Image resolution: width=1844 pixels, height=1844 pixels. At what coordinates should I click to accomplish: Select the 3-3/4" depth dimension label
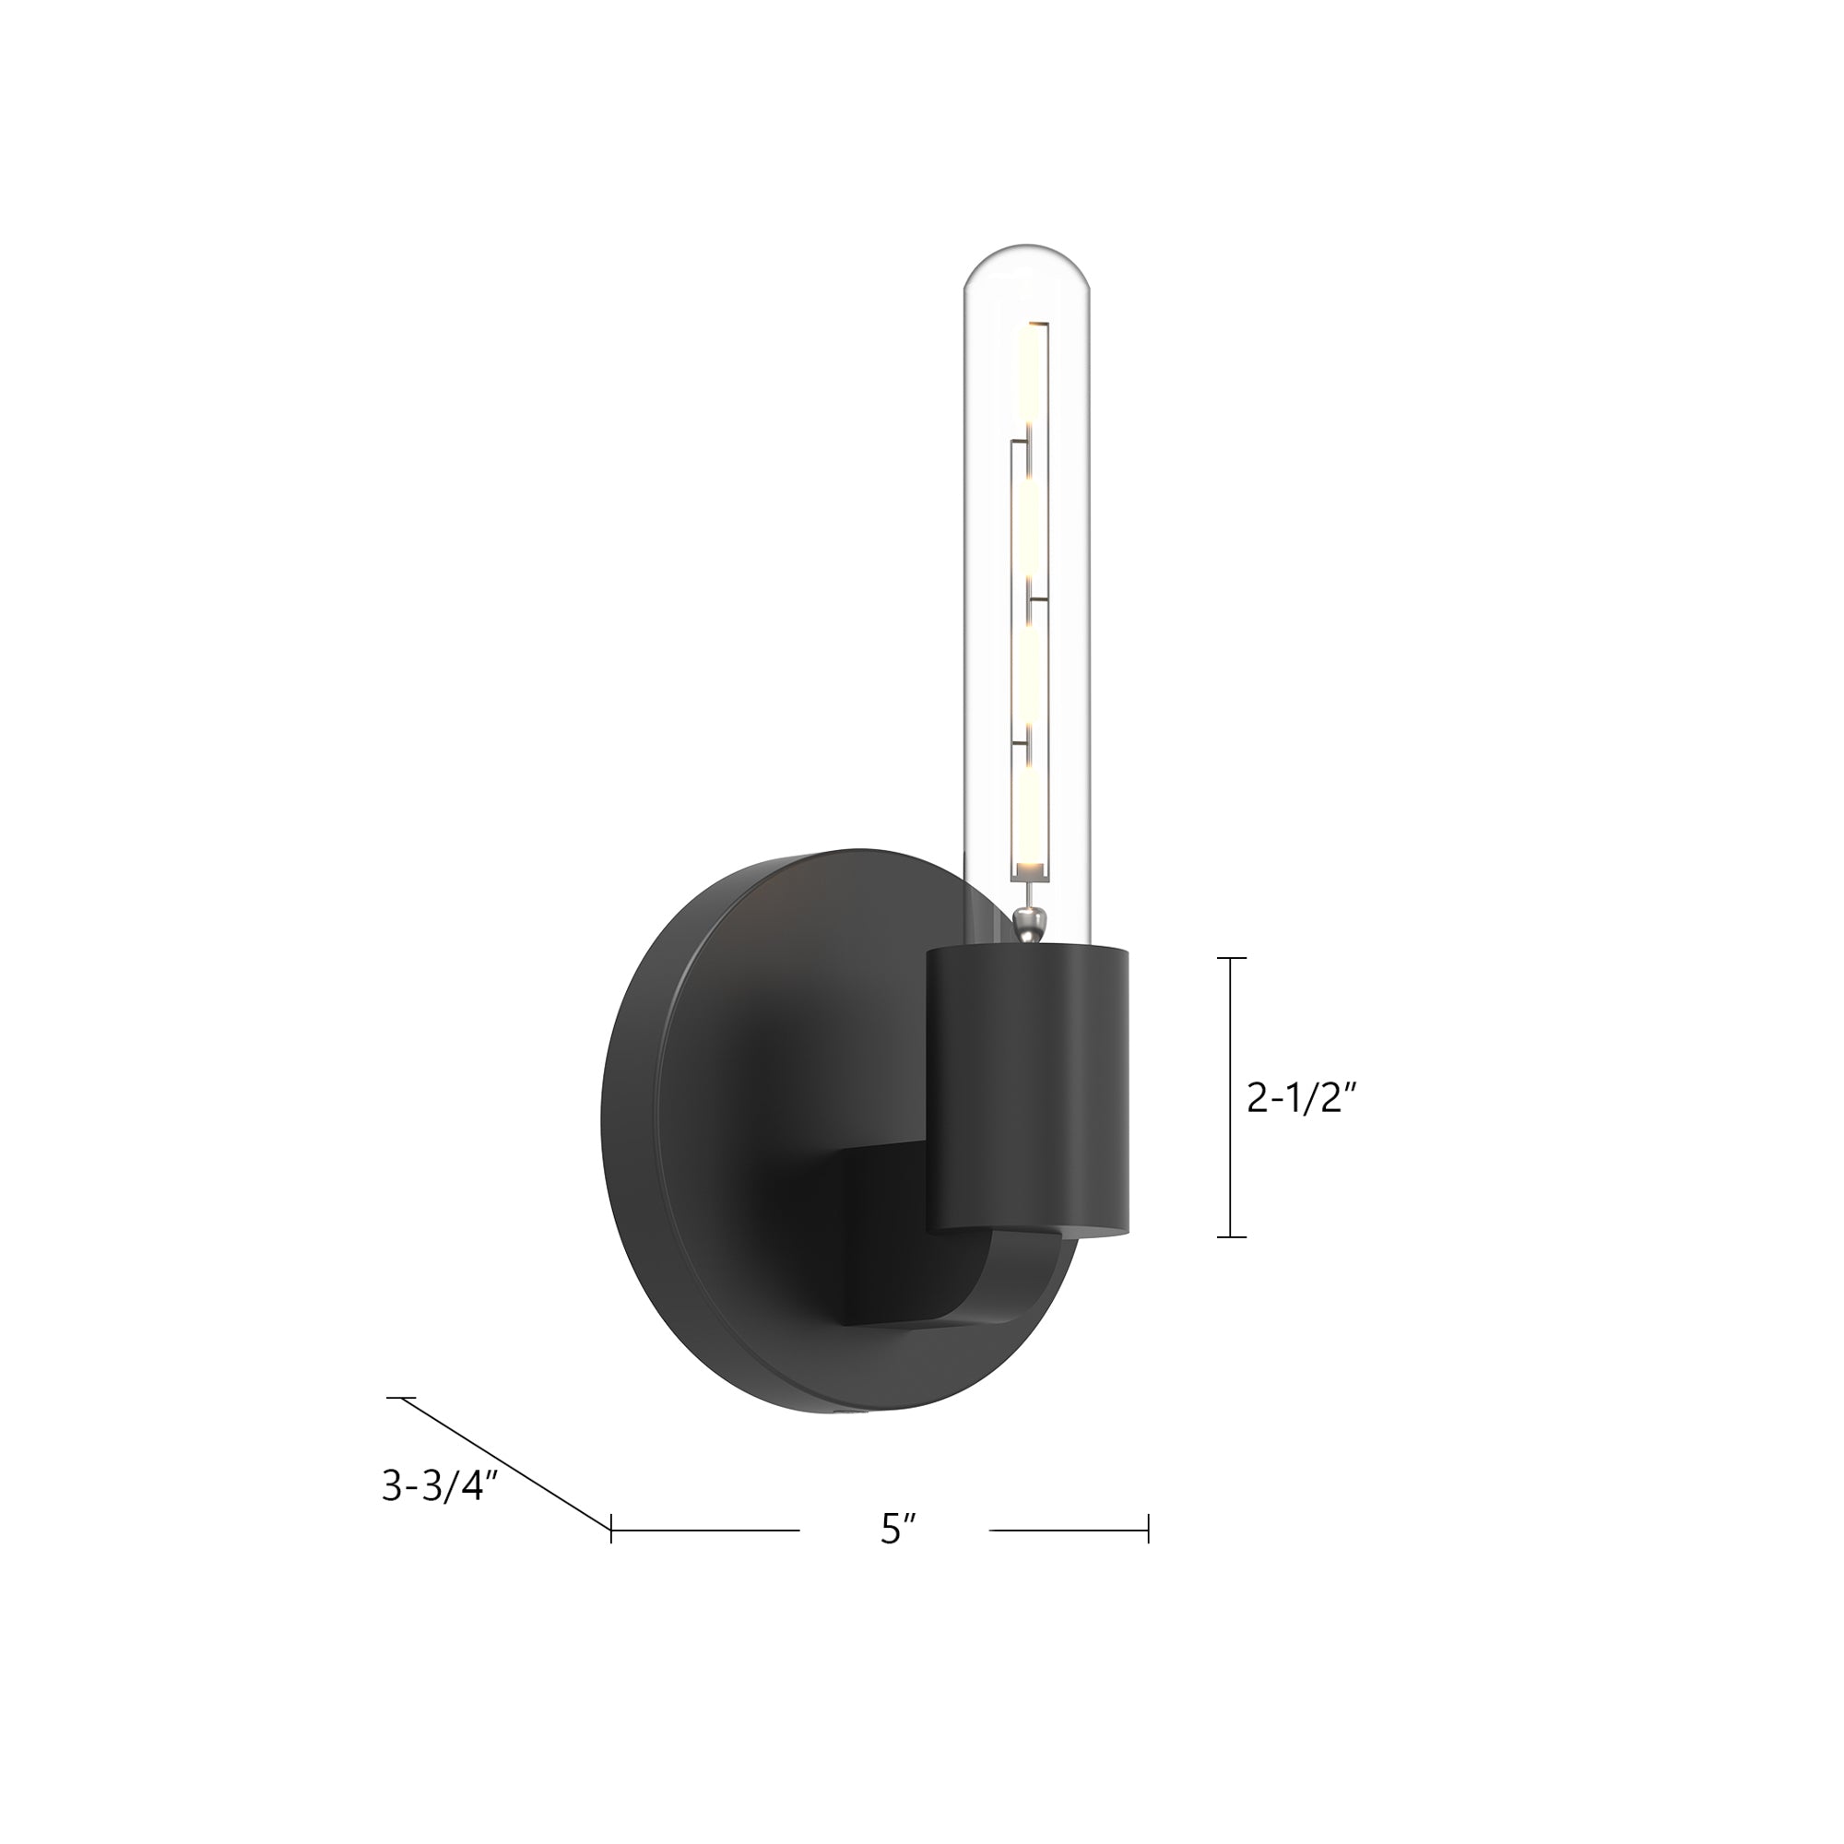click(440, 1486)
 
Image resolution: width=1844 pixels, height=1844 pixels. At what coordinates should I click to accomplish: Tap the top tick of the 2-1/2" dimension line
click(1231, 957)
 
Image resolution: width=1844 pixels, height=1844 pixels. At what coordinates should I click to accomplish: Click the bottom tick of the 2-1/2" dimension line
click(1231, 1237)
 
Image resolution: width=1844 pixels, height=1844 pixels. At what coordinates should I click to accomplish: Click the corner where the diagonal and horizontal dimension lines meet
click(611, 1529)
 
